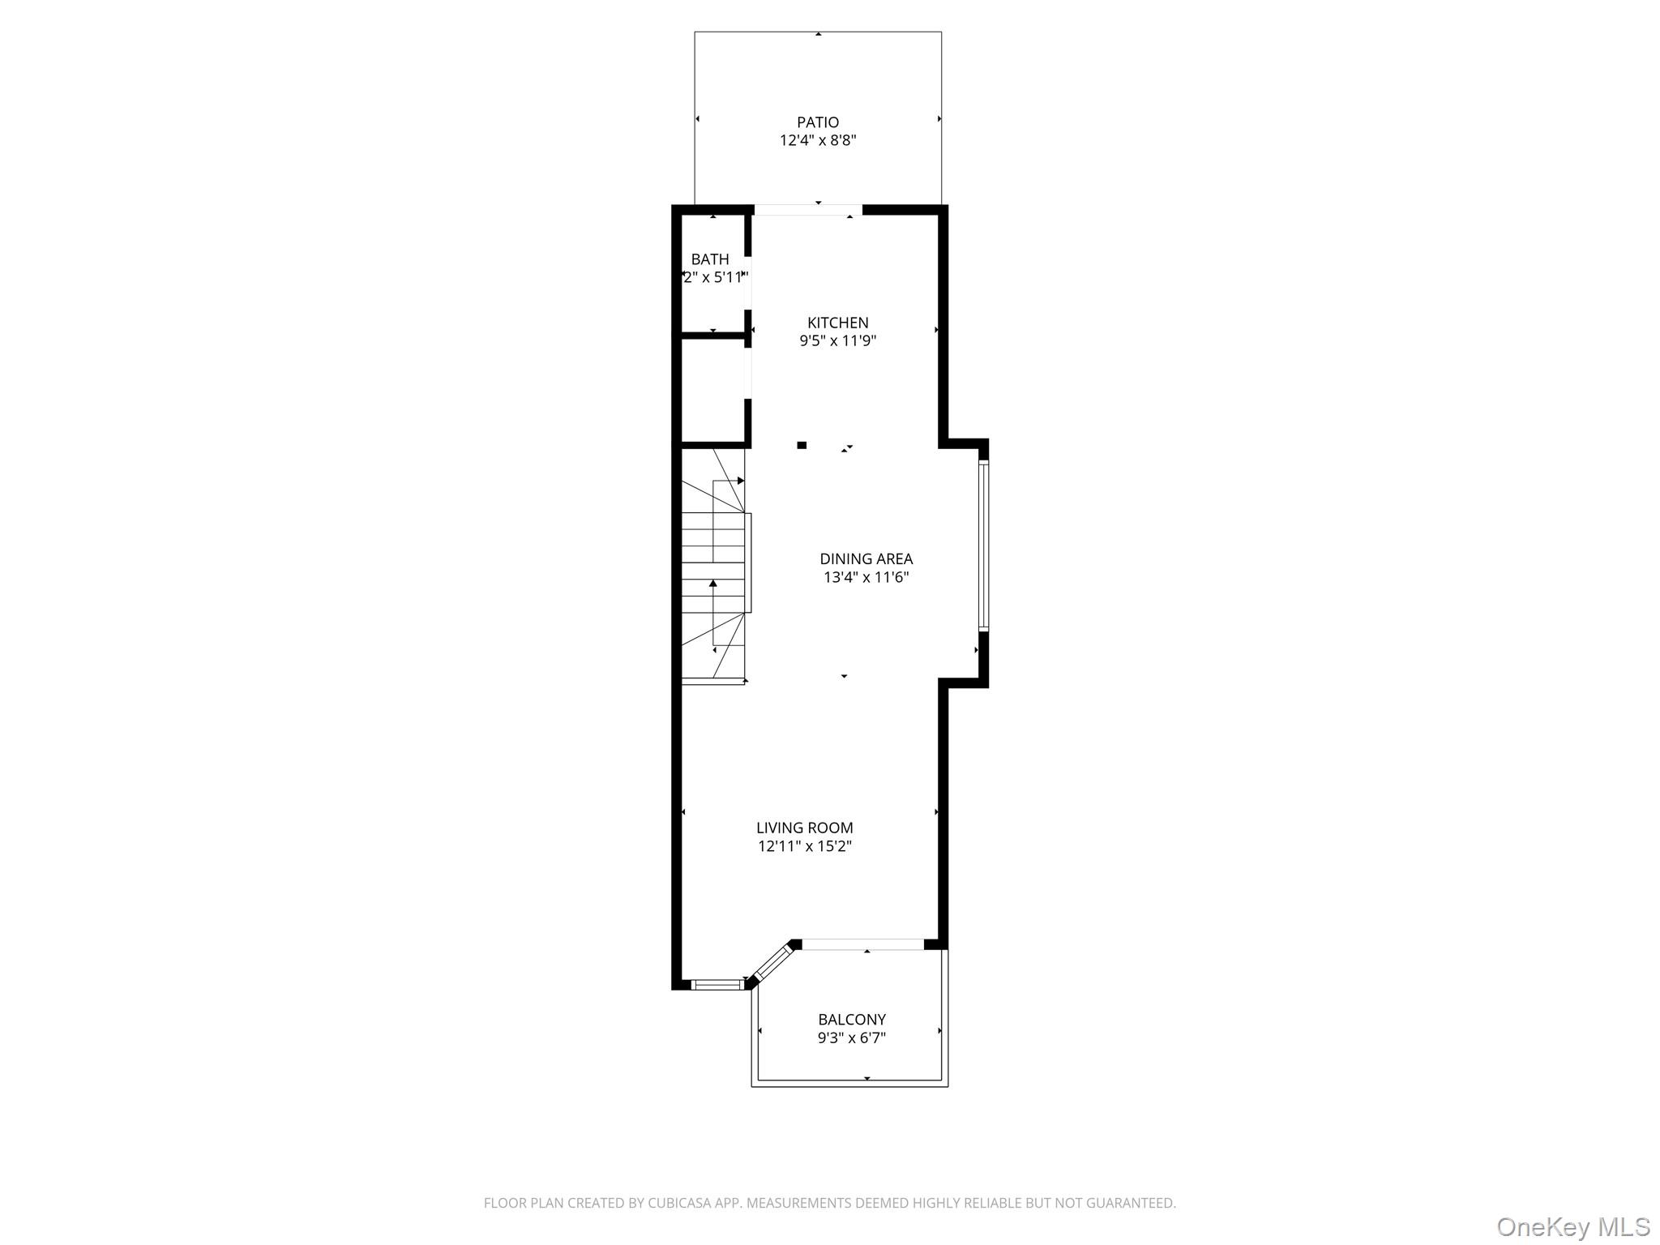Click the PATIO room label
(x=818, y=122)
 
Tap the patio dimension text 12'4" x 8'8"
(x=818, y=141)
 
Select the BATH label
(x=710, y=259)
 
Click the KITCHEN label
(x=837, y=323)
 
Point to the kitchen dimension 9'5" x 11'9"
(x=837, y=341)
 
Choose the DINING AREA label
(x=866, y=558)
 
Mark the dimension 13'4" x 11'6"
(x=866, y=578)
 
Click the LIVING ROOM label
(x=804, y=828)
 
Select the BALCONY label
(x=851, y=1020)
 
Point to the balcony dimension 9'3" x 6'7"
(x=851, y=1038)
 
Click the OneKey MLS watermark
(x=1572, y=1227)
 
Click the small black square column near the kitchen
(x=802, y=445)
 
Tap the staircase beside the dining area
(x=713, y=567)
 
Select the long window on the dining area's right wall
(x=983, y=545)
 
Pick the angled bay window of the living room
(x=771, y=965)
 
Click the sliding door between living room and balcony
(x=862, y=944)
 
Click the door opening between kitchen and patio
(x=808, y=210)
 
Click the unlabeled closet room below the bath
(x=712, y=389)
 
